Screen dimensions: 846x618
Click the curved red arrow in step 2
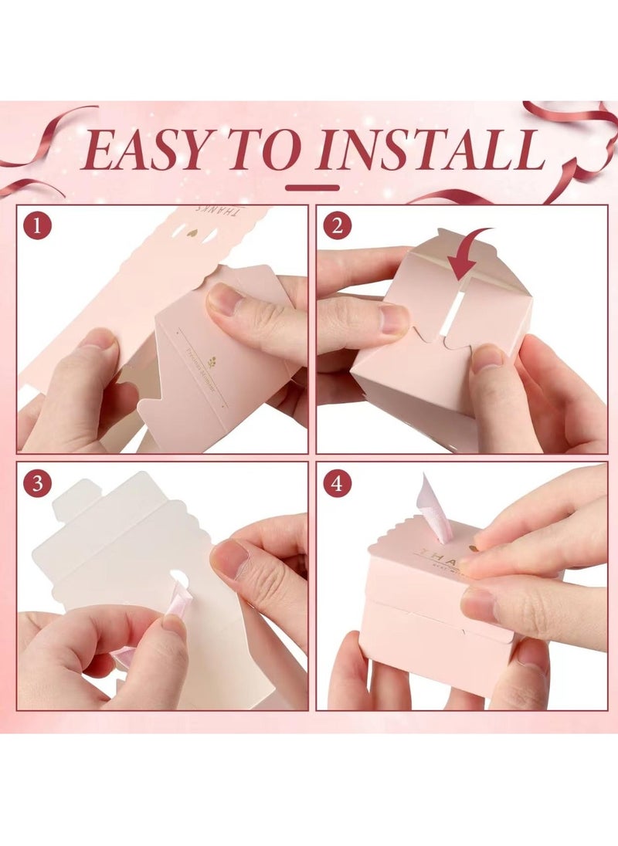pos(467,252)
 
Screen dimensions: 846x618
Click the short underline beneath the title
pos(312,187)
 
